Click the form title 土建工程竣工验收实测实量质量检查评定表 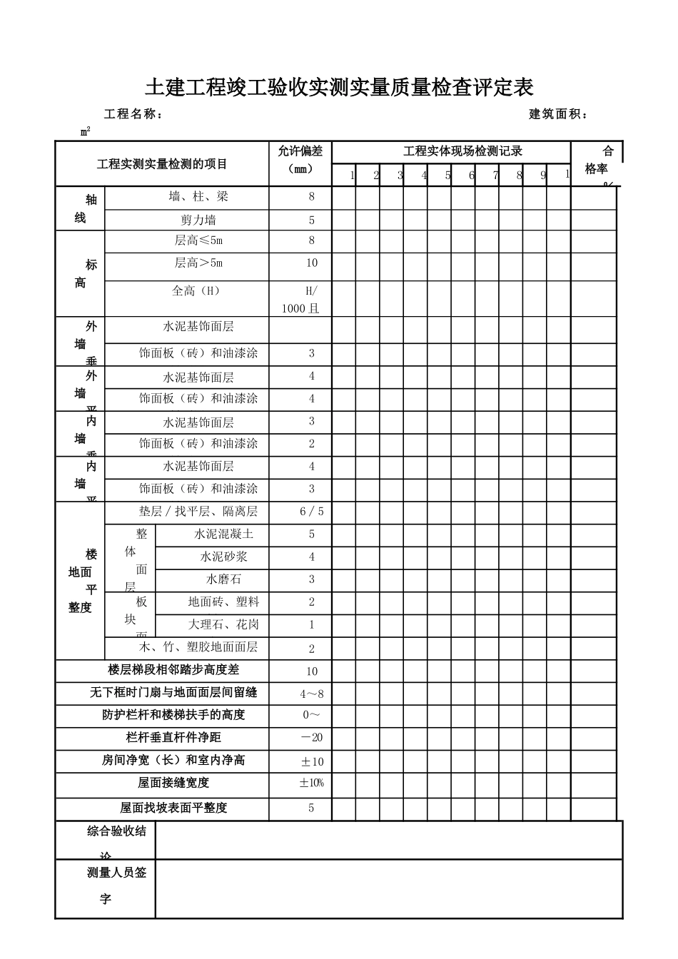339,88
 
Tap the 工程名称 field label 133,114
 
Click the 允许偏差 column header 300,151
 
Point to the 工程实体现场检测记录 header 462,151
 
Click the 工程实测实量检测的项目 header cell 162,164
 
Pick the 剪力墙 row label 198,220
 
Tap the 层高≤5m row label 198,240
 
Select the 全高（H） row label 196,290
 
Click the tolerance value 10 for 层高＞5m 312,263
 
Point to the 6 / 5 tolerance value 312,511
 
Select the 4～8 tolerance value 312,694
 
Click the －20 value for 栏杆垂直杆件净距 312,737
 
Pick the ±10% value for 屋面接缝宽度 312,783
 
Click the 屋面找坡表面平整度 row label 173,808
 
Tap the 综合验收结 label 116,831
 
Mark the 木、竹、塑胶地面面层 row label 198,647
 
